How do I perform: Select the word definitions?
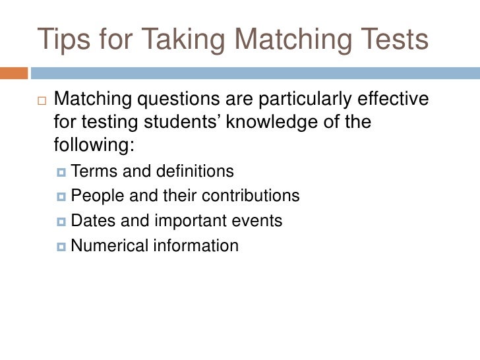[195, 172]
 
